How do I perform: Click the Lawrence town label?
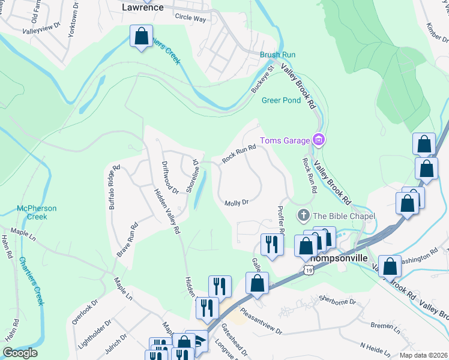[143, 8]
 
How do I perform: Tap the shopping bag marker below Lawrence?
[141, 37]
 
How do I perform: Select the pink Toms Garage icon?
[319, 141]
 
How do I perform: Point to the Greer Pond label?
[281, 100]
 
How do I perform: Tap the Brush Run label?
[278, 55]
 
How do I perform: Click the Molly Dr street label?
[237, 203]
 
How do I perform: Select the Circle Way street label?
[190, 19]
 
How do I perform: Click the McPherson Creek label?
[37, 212]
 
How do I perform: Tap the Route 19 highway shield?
[308, 271]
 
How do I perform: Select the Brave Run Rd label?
[128, 239]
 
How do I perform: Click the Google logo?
[20, 353]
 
